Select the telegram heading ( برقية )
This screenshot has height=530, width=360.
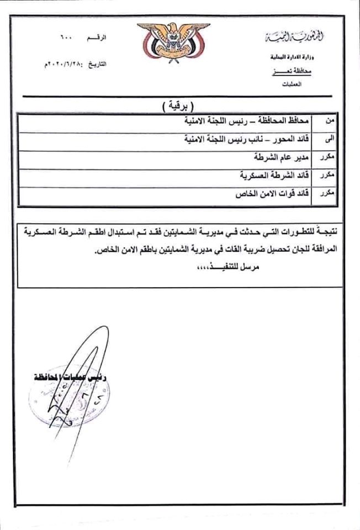point(181,105)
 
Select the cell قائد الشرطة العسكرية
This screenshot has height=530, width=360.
point(274,176)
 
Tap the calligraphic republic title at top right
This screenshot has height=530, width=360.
point(287,38)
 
